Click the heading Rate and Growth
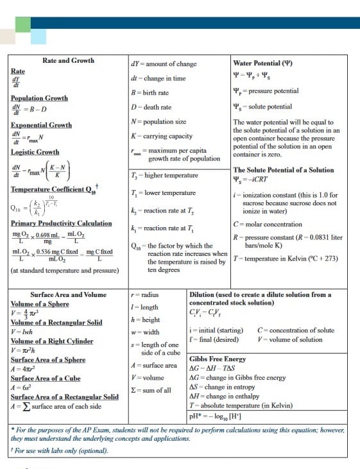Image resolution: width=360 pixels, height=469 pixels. tap(68, 60)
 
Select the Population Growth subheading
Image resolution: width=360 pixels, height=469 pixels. tap(39, 98)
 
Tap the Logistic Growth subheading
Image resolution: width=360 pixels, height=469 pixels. tap(35, 152)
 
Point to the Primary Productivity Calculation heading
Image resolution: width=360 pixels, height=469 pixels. tap(61, 223)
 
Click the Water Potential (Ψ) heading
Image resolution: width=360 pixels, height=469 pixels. tap(262, 64)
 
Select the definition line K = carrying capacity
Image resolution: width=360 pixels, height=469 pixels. tap(161, 136)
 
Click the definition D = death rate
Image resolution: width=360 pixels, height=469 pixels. tap(151, 107)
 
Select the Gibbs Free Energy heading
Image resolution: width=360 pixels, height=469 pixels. tap(218, 359)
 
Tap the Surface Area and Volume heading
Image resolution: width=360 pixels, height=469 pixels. tap(68, 294)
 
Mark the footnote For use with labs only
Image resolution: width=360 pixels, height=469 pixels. tap(59, 450)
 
